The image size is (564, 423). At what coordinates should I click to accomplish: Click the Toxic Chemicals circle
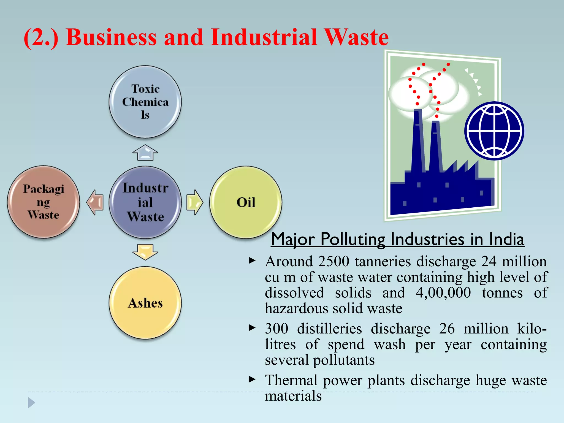pos(145,102)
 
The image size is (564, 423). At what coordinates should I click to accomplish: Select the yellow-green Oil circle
pos(246,202)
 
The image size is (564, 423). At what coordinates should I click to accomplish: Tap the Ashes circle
pos(145,303)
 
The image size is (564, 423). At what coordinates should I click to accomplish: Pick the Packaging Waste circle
pos(44,202)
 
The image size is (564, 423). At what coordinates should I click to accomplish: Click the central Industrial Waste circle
pos(145,202)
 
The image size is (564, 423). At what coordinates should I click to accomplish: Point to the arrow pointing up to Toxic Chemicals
pos(145,153)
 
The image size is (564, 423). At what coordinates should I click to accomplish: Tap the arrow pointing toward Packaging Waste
pos(95,202)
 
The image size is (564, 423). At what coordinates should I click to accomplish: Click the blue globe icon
pos(494,131)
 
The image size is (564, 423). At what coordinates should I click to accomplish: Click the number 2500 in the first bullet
pos(333,261)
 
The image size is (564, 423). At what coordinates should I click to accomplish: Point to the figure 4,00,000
pos(443,292)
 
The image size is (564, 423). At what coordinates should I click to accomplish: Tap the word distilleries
pos(329,329)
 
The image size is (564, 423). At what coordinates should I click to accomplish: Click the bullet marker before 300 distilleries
pos(252,328)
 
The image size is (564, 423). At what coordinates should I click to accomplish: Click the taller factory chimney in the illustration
pos(417,140)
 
